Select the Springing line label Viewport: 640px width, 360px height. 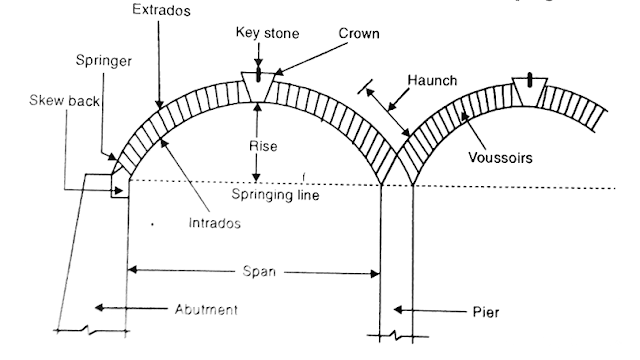[275, 195]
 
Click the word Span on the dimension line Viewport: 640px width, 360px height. [259, 271]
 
